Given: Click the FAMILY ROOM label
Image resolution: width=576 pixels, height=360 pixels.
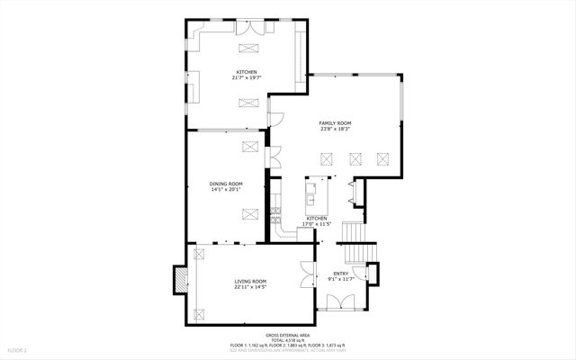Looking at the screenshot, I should tap(335, 122).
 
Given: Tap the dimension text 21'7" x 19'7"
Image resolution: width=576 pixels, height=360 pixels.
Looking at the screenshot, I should tap(247, 78).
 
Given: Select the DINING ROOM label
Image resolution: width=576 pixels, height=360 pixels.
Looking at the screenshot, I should tap(227, 184).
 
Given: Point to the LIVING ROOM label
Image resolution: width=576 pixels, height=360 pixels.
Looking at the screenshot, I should tap(250, 282).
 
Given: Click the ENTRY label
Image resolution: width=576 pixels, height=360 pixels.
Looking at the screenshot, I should tap(340, 274).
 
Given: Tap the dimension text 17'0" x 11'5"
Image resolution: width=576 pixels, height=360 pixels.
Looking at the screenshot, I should tap(318, 224).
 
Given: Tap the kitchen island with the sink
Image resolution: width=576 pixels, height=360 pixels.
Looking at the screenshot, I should tap(315, 194).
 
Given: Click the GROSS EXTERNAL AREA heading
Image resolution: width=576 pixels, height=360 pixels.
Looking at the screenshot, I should tap(288, 334).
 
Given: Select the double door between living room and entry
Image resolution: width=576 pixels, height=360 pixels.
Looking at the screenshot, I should tap(308, 274).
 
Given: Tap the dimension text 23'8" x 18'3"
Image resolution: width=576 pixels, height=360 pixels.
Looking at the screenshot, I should tap(335, 129).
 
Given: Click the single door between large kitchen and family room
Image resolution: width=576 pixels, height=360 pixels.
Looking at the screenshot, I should tap(276, 118).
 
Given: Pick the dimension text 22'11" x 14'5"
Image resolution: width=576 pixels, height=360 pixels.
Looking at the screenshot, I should tap(250, 288).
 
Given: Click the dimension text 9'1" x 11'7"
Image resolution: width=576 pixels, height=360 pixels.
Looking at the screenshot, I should tap(340, 280).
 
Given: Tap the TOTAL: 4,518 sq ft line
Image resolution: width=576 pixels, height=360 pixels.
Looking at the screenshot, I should tap(288, 339).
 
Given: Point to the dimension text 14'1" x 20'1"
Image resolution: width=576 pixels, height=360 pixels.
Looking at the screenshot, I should tap(227, 190).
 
